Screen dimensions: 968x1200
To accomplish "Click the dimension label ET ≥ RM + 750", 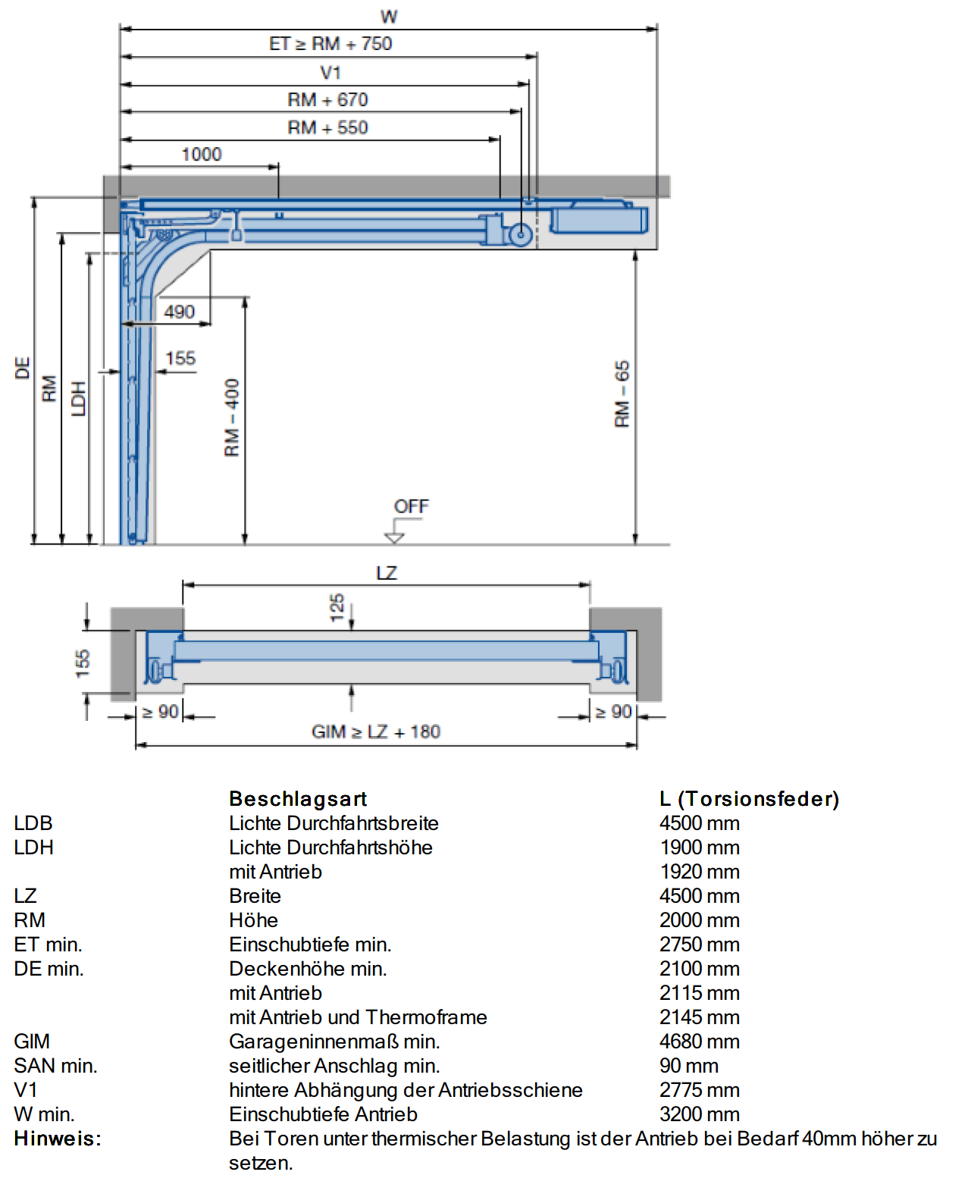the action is pos(330,43).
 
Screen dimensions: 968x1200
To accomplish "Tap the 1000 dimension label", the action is pos(202,154).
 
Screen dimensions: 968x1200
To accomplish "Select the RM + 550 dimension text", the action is pos(327,127).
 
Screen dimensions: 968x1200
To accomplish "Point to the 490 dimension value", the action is pos(179,311).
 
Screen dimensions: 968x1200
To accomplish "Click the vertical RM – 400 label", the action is pos(231,417).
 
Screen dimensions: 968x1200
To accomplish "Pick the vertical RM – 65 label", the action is pos(622,393).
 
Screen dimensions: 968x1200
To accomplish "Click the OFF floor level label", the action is pos(411,506).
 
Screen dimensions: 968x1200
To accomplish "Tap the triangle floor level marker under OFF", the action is pos(394,537).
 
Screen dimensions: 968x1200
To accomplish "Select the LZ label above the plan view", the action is pos(387,572).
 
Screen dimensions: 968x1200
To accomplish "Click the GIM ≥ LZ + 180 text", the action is pos(376,731).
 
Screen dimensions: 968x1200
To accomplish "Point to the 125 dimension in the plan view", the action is pos(337,607).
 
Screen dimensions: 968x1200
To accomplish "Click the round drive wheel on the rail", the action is pos(520,235).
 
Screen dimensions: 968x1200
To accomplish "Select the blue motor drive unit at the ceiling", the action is pos(599,218).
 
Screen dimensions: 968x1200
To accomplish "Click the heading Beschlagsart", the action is pos(298,798).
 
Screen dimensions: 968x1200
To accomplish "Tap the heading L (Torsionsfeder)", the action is pos(749,798).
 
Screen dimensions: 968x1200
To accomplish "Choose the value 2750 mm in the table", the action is pos(699,944).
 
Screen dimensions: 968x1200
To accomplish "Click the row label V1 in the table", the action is pos(26,1089).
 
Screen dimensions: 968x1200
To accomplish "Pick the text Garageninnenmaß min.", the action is pos(334,1041).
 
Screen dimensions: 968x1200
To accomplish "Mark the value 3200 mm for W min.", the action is pos(699,1114).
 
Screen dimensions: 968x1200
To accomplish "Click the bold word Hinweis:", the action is pos(58,1138).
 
